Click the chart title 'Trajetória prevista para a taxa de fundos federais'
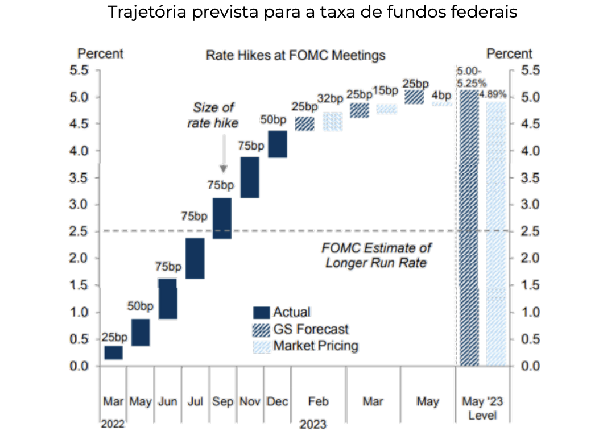point(312,13)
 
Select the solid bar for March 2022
point(114,352)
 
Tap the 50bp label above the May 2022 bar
point(140,306)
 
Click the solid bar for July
point(195,258)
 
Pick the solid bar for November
point(250,177)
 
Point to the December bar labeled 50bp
point(277,144)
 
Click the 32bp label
point(331,98)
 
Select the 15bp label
point(386,90)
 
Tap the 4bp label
point(441,94)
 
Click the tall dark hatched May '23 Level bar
point(469,227)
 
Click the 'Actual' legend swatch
point(261,312)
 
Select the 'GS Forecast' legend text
point(311,329)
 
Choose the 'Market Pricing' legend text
point(316,346)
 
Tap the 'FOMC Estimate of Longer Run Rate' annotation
point(376,255)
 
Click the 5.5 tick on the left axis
point(80,70)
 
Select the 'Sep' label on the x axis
point(223,401)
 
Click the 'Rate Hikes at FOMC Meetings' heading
point(296,55)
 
